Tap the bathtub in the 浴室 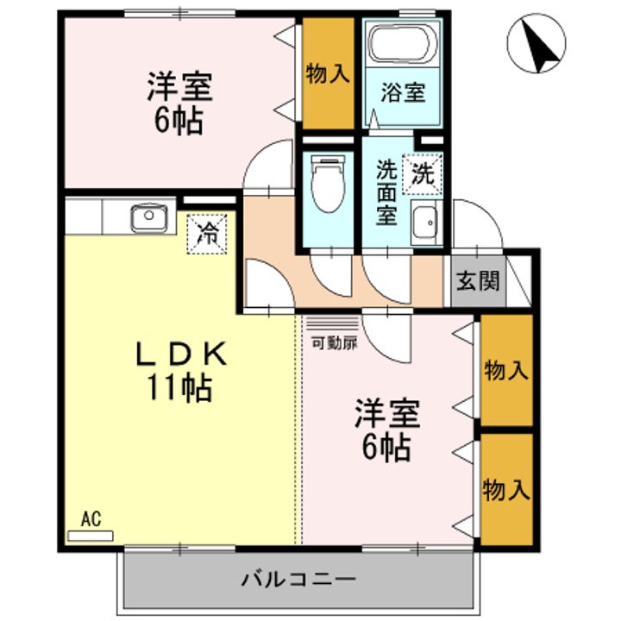403,42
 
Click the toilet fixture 327,182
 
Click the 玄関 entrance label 478,281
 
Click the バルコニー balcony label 298,579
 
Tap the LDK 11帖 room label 184,371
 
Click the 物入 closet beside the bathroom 328,74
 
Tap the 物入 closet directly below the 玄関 505,371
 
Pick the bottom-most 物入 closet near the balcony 505,489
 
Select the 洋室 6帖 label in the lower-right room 386,431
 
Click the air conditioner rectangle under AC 91,536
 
